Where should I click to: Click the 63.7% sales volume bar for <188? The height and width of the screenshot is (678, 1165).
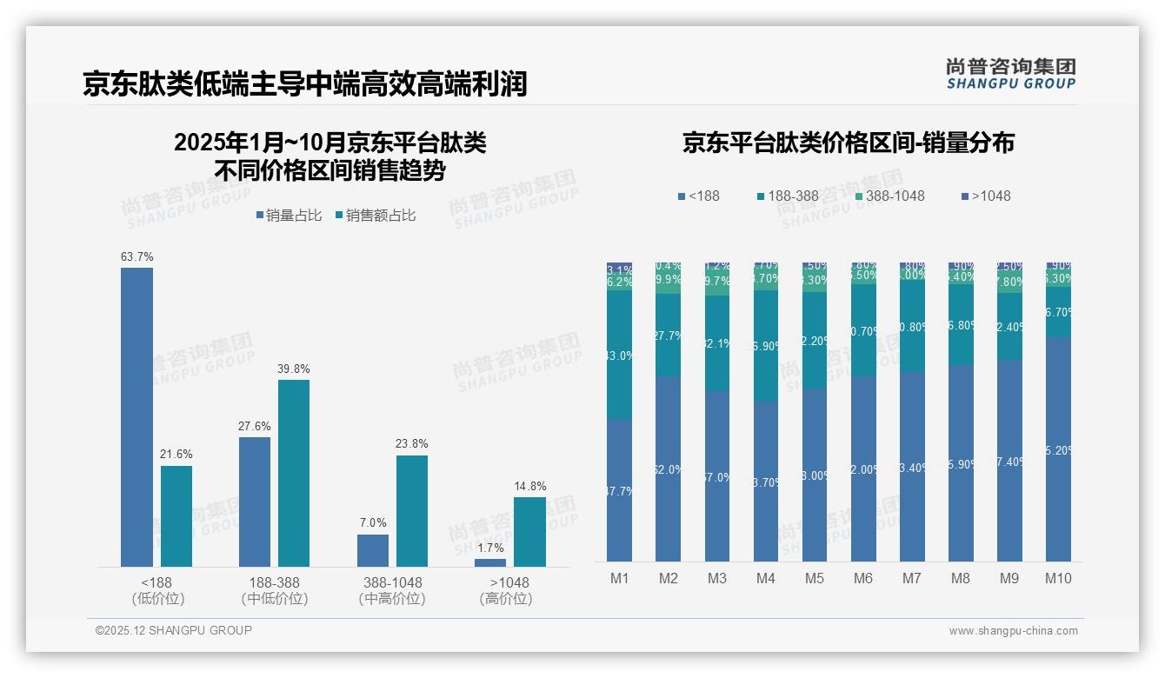[136, 417]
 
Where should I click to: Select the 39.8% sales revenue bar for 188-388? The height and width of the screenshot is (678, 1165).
[294, 473]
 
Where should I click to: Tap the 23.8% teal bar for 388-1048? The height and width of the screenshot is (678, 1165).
[412, 511]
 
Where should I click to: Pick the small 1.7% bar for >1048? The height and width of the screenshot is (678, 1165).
[490, 562]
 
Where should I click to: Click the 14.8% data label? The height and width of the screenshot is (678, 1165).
[529, 487]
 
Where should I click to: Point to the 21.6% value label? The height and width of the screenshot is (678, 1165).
[176, 455]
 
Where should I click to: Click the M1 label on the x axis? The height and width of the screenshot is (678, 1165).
[620, 578]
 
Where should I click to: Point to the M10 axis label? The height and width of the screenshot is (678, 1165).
[1058, 578]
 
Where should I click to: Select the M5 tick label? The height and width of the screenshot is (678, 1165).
[815, 578]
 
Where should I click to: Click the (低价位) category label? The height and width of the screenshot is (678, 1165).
[158, 599]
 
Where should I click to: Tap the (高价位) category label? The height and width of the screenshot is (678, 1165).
[506, 599]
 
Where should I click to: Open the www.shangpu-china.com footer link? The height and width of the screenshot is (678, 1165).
[1013, 631]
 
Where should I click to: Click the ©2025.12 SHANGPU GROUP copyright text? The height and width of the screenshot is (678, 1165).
[174, 630]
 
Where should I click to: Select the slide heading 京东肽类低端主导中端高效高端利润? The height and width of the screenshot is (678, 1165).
[305, 84]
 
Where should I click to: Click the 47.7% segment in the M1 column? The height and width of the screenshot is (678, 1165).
[620, 491]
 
